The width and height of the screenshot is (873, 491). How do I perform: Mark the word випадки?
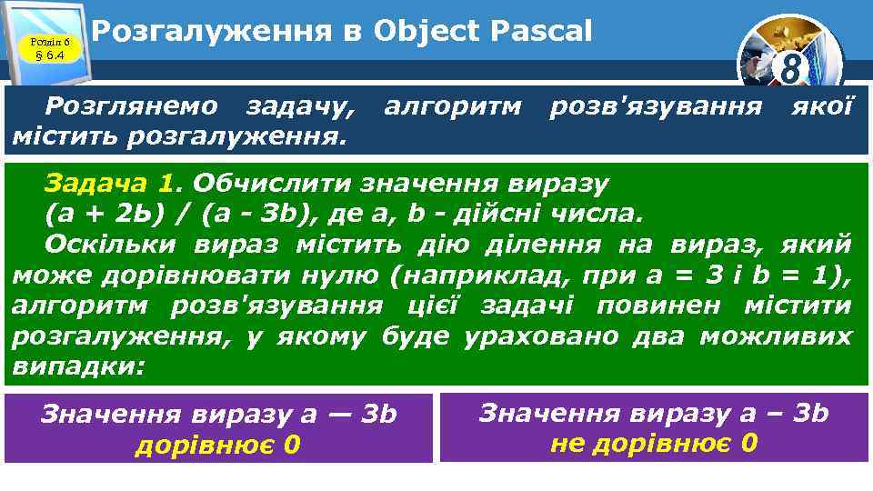(x=79, y=366)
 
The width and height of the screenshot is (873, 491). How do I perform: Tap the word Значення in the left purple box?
(x=109, y=415)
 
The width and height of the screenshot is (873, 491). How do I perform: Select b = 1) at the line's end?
(x=814, y=275)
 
